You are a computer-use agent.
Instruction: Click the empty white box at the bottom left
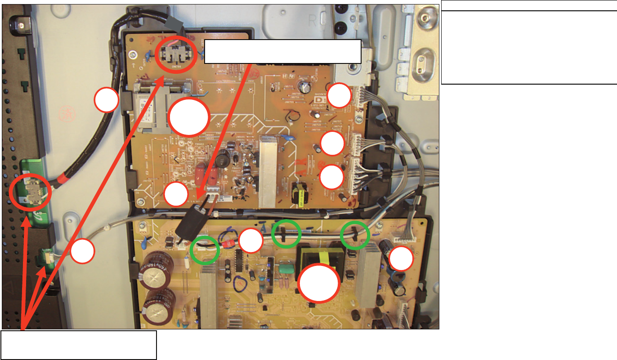[x=79, y=345]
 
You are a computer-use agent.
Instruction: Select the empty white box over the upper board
[x=283, y=51]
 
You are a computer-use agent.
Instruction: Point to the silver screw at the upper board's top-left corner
[x=132, y=55]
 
